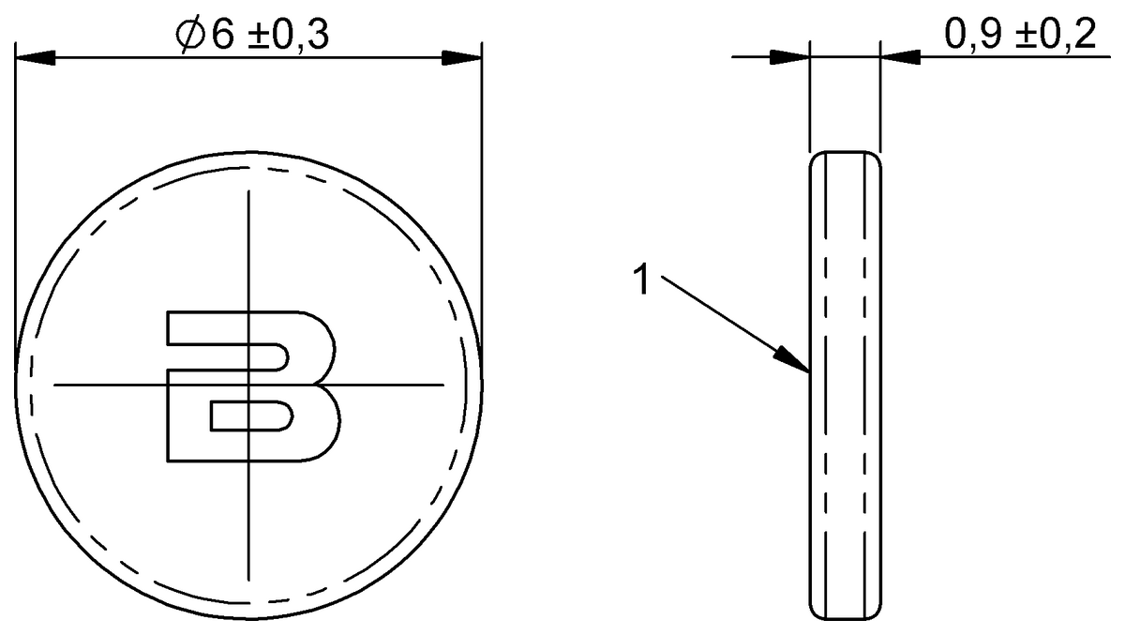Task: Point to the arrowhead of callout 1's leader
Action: click(x=797, y=363)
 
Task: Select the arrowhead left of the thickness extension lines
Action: click(x=789, y=58)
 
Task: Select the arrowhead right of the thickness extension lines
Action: click(x=900, y=58)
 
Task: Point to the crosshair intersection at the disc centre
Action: click(x=248, y=385)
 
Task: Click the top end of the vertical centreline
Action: click(x=248, y=191)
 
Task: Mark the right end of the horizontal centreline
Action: click(x=442, y=385)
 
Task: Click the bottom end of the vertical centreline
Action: click(x=248, y=579)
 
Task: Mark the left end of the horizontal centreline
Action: click(x=54, y=385)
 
